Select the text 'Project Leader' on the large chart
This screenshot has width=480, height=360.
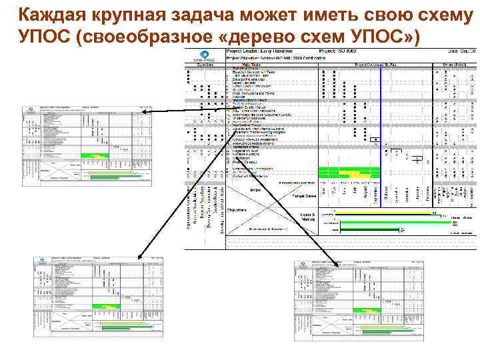click(243, 50)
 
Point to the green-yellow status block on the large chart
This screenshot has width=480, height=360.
click(349, 172)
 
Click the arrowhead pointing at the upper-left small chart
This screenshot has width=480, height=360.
click(137, 112)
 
